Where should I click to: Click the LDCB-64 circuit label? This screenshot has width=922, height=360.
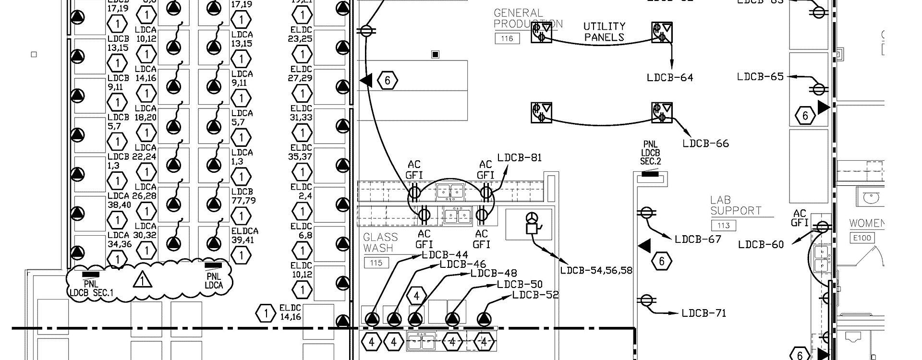point(670,78)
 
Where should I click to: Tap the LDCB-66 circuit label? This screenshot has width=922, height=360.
point(705,144)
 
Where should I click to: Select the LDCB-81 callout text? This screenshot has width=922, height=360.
point(520,157)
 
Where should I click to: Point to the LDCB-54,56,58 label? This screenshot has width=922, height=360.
point(596,271)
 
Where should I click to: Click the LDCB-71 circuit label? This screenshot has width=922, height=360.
point(704,313)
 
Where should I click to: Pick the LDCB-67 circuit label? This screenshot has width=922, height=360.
point(698,239)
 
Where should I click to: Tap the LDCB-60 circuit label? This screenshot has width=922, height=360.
point(761,245)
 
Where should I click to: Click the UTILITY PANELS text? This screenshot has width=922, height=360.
point(604,32)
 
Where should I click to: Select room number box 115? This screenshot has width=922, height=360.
point(376,263)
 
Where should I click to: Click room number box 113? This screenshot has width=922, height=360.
point(723,225)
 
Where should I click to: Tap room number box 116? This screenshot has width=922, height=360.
point(507,38)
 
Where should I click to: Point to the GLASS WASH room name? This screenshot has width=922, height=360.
point(380,242)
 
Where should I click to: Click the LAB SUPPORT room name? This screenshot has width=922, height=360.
point(736,205)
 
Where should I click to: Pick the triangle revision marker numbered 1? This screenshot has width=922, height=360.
point(142,280)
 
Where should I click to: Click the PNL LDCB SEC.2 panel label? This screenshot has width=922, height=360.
point(651,153)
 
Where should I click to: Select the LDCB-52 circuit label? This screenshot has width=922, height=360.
point(535,295)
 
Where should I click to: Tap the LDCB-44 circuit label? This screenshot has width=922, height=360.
point(445,254)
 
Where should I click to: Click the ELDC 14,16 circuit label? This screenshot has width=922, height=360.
point(290,312)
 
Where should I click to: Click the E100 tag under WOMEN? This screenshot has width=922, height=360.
point(861,238)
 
